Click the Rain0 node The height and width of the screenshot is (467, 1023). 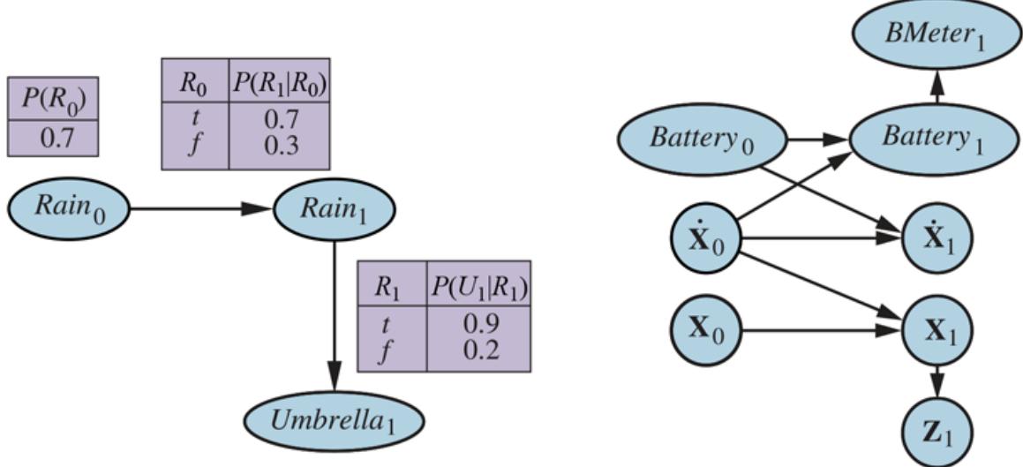[69, 208]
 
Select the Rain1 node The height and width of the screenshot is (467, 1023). [334, 208]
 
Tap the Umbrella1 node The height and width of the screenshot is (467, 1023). [335, 418]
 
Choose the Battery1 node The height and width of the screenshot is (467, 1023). [936, 138]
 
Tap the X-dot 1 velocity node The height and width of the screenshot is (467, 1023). [936, 238]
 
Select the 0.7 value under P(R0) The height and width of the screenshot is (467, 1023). [53, 139]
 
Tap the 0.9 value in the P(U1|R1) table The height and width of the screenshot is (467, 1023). [478, 324]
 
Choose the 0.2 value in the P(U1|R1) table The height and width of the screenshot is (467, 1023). [478, 349]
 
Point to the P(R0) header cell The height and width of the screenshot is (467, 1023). [53, 98]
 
